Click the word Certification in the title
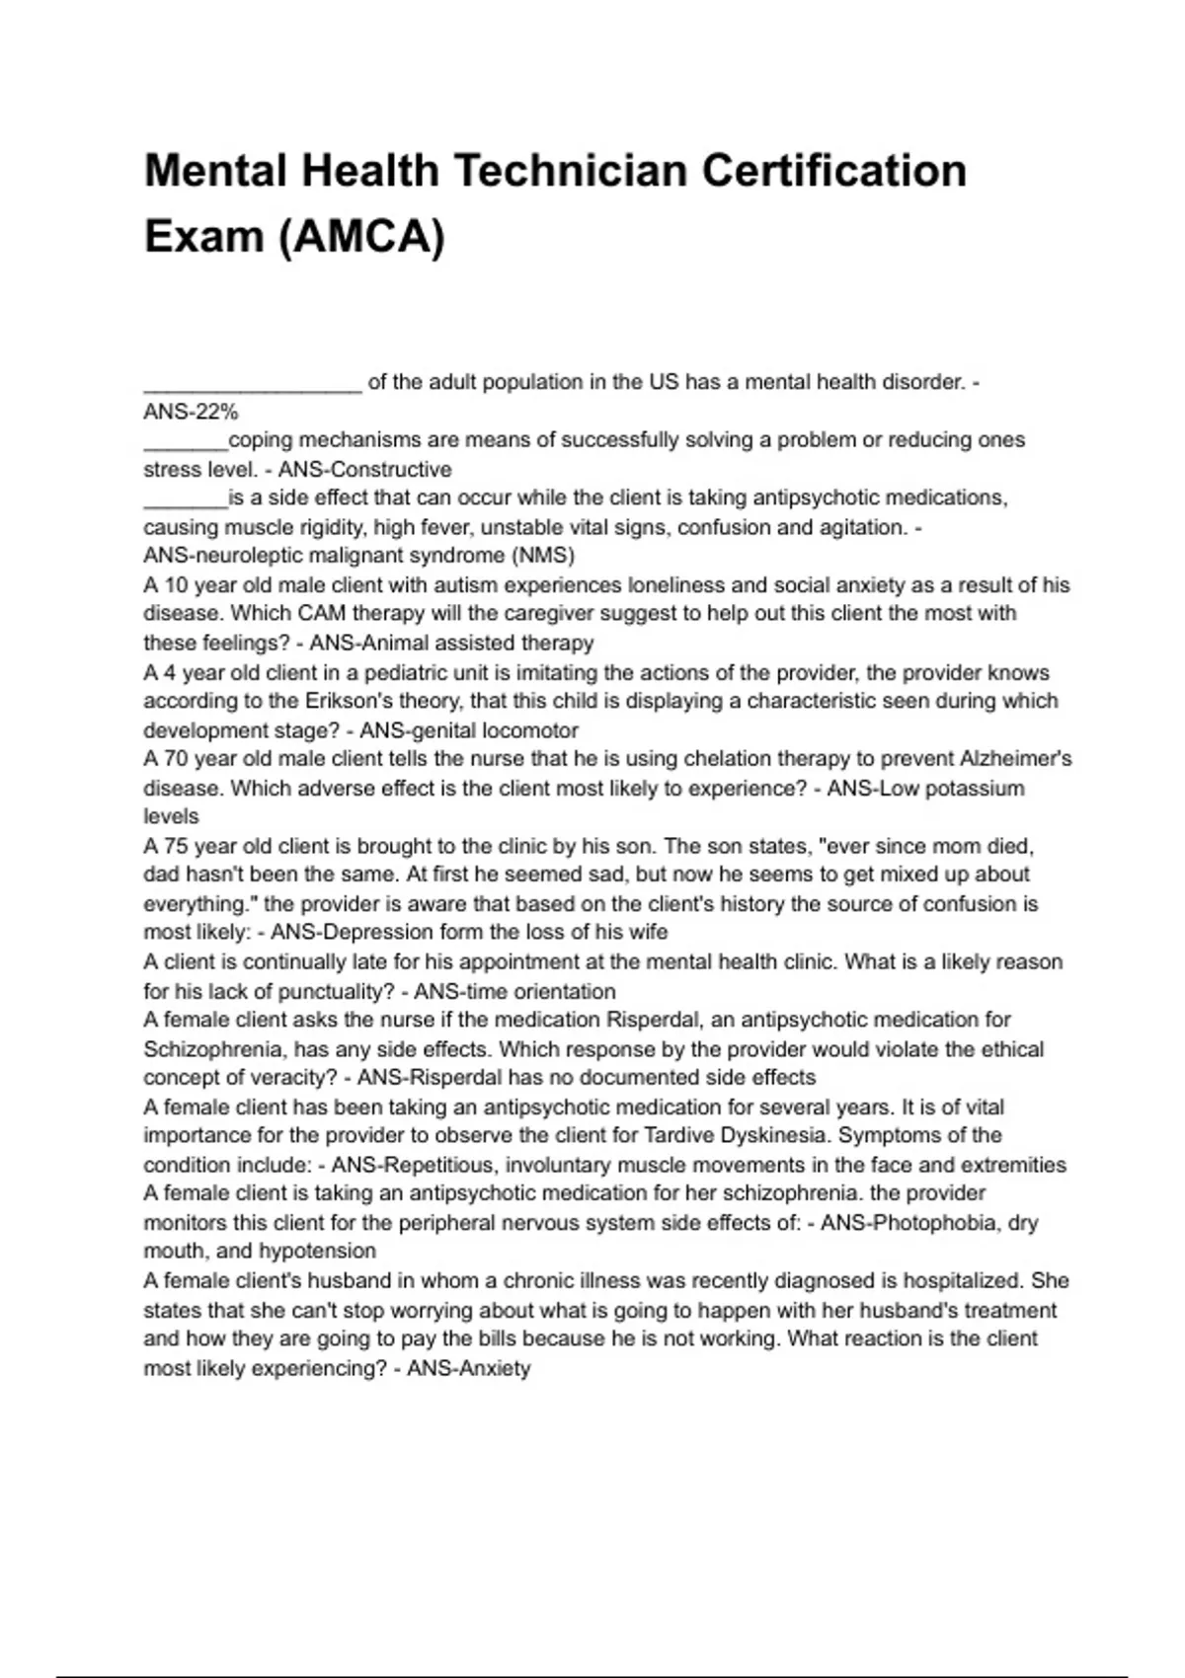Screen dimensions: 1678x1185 pyautogui.click(x=834, y=171)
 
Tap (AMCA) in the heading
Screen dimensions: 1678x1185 pyautogui.click(x=362, y=237)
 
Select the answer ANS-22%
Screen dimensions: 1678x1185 pyautogui.click(x=191, y=412)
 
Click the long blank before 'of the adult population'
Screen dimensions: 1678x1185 pyautogui.click(x=253, y=383)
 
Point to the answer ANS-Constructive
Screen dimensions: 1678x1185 pyautogui.click(x=364, y=470)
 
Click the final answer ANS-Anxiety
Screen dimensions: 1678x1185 pyautogui.click(x=469, y=1369)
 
